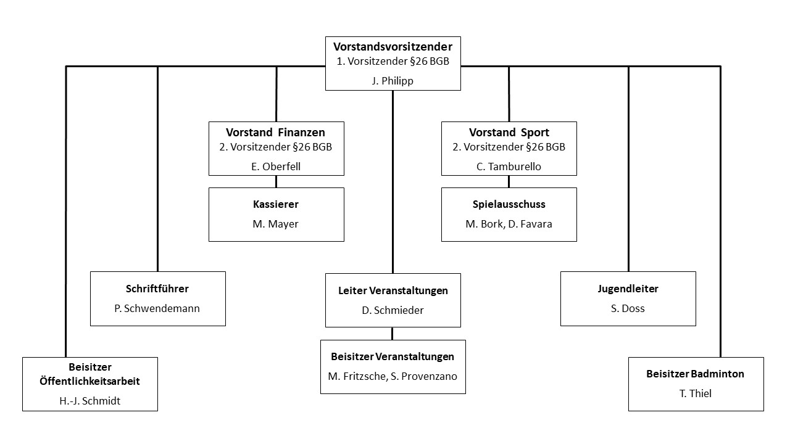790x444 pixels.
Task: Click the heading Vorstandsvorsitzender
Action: click(393, 46)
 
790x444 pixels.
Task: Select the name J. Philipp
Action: click(393, 81)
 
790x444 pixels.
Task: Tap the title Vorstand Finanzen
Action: click(275, 133)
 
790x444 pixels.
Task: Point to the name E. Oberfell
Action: click(276, 166)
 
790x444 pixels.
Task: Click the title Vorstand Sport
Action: click(509, 133)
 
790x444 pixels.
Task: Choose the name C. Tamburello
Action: click(509, 166)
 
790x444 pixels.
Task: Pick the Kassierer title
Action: click(276, 204)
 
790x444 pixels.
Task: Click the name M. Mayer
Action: click(275, 224)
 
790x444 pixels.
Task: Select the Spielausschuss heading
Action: click(509, 204)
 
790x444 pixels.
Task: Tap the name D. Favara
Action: click(530, 224)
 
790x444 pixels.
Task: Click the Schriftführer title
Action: click(157, 289)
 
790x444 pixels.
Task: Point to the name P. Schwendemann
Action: click(157, 309)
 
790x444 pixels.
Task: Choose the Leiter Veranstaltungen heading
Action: click(393, 290)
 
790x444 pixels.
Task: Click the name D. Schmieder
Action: click(393, 310)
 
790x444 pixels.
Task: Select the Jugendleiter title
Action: click(628, 289)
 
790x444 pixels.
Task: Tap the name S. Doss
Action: click(628, 309)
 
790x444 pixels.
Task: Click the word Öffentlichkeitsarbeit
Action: click(89, 381)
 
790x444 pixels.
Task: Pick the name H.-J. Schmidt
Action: click(89, 401)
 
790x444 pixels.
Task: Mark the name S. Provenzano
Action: click(424, 377)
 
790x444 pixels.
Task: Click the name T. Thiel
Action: click(696, 393)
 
